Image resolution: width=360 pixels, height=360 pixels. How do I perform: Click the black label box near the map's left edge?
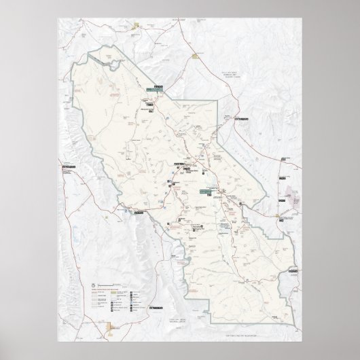pyautogui.click(x=68, y=167)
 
